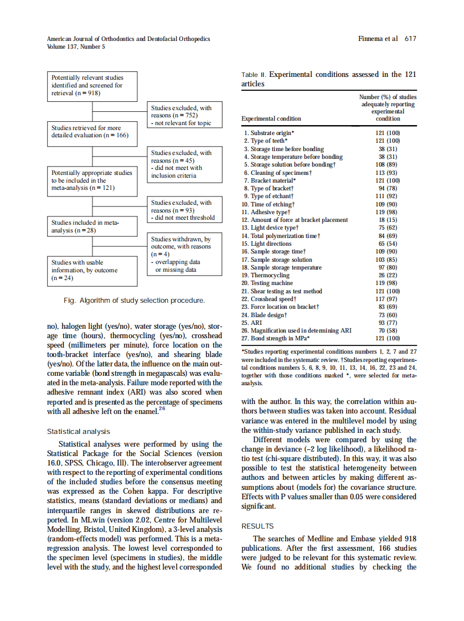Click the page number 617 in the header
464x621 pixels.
click(x=410, y=39)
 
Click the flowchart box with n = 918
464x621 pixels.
click(x=92, y=86)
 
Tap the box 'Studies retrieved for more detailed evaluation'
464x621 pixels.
click(x=92, y=132)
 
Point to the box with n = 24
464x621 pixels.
click(x=92, y=270)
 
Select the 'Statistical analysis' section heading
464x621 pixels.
click(x=79, y=431)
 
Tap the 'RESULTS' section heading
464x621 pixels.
click(x=258, y=526)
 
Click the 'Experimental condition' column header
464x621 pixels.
click(x=271, y=118)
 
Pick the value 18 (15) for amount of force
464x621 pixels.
click(x=388, y=220)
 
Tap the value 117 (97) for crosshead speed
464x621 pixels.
click(x=388, y=299)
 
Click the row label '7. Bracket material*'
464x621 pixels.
click(x=270, y=180)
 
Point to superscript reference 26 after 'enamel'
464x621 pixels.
click(x=162, y=409)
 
